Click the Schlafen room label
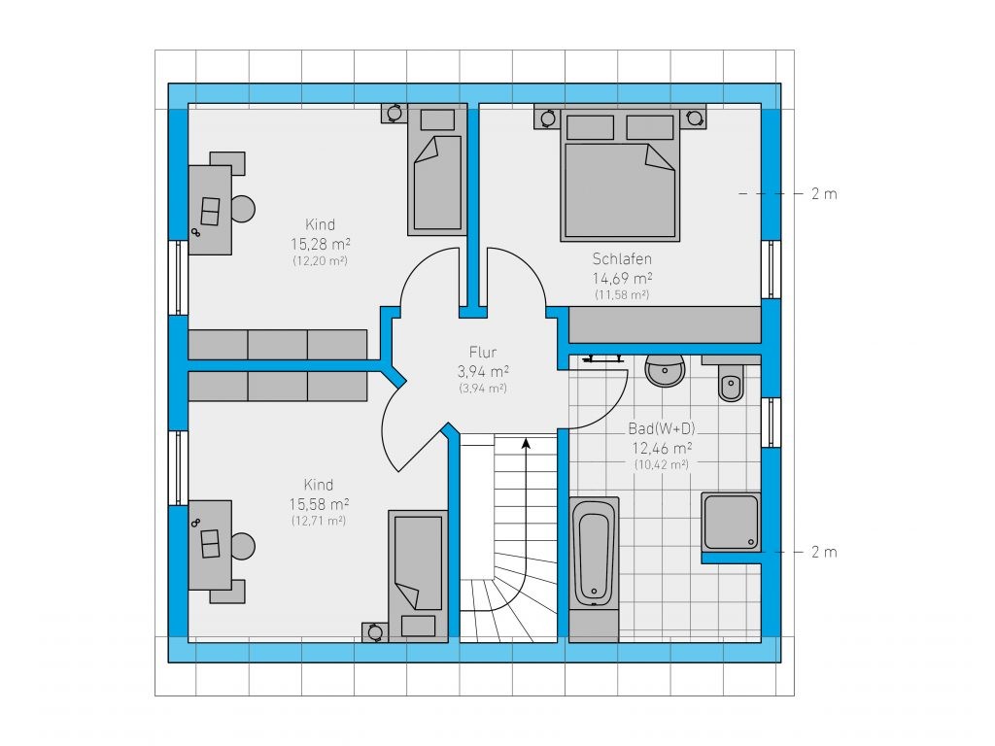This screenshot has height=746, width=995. click(x=622, y=258)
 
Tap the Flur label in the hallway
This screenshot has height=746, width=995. click(x=483, y=352)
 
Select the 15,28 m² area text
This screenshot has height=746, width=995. click(x=321, y=244)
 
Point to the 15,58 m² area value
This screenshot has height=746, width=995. click(x=319, y=504)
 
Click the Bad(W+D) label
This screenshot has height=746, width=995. click(x=662, y=428)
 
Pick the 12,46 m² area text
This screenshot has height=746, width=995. click(x=662, y=448)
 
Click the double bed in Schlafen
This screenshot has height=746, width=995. click(x=620, y=176)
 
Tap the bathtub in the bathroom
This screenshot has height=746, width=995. click(x=594, y=552)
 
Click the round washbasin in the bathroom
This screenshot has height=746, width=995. click(x=665, y=371)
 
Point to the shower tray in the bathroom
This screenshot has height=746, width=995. click(x=731, y=522)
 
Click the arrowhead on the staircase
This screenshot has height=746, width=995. click(x=526, y=443)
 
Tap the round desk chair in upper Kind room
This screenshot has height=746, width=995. click(x=243, y=209)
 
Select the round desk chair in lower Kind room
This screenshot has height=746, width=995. click(x=243, y=546)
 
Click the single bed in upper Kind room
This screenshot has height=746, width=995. click(x=437, y=170)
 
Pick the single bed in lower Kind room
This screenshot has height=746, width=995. click(x=418, y=576)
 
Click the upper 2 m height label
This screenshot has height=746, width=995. click(x=824, y=194)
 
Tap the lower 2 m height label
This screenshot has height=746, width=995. click(x=824, y=553)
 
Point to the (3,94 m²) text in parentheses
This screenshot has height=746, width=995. click(x=483, y=389)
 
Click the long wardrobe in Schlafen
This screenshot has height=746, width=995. click(x=665, y=324)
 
